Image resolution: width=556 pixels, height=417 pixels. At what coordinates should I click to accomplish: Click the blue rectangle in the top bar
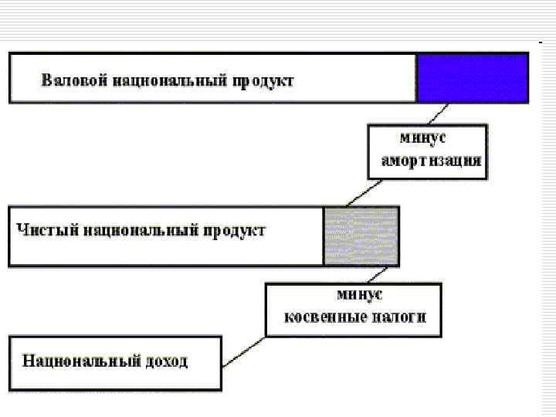(472, 78)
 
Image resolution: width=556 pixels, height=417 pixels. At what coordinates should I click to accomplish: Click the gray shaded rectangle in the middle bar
(361, 236)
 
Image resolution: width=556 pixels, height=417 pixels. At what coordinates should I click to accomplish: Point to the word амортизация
(432, 161)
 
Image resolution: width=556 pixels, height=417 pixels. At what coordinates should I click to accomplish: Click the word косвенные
(317, 317)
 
